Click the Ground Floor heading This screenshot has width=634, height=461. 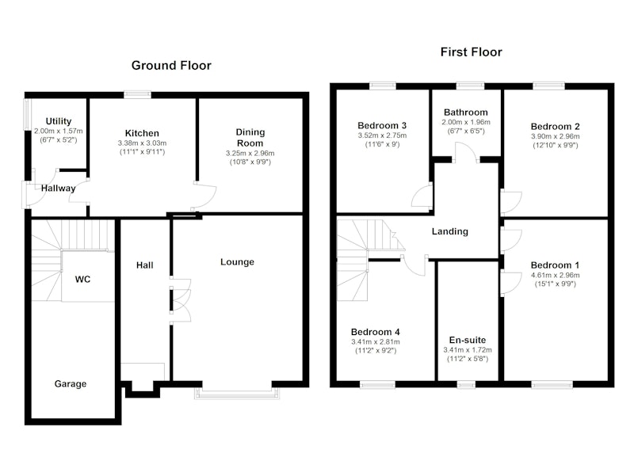pos(171,66)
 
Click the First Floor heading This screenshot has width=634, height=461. pos(471,52)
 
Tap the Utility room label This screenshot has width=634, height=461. pos(59,121)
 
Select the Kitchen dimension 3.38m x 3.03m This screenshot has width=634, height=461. pos(142,143)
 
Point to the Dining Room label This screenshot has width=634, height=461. pos(250,138)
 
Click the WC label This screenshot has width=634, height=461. pos(83,279)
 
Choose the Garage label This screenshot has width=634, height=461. pos(71,384)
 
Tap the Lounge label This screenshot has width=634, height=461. pos(237,262)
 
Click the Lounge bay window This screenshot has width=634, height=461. pos(236,393)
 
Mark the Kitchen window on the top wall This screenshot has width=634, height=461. pos(137,94)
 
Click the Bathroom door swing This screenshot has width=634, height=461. pos(465,152)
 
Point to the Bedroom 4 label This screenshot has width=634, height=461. pos(375,332)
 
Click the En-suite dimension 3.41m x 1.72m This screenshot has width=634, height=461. pos(468,350)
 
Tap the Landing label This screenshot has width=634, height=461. pos(450,231)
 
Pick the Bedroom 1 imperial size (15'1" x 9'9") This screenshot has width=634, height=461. pos(556,284)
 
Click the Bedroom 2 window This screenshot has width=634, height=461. pos(548,86)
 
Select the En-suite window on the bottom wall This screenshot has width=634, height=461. pos(467,385)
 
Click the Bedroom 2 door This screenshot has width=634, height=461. pos(511,202)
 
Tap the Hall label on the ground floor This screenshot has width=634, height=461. pos(145,265)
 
